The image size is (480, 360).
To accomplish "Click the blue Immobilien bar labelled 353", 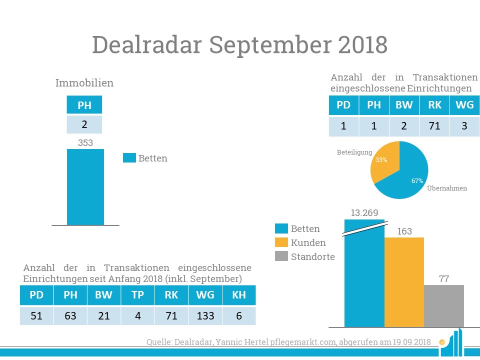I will pos(85,187).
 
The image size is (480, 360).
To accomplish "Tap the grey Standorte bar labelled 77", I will pos(444,305).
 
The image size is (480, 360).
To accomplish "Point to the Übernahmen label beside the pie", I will pos(447,188).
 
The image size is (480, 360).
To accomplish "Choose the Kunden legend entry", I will pos(308,243).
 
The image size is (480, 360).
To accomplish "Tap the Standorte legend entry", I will pos(312,257).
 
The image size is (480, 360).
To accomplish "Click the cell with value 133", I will pos(205,316).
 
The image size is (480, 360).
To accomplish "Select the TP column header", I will pos(138,295).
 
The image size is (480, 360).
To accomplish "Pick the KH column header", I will pos(239,295).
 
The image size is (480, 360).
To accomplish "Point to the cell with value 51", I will pos(36,316).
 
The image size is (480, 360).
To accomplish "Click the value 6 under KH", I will pos(239,316).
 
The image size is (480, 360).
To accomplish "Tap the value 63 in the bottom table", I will pos(70,316).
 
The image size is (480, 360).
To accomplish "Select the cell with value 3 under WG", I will pos(464,126).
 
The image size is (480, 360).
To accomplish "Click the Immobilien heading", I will pos(84,83).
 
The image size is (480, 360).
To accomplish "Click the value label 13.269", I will pos(364,213).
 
